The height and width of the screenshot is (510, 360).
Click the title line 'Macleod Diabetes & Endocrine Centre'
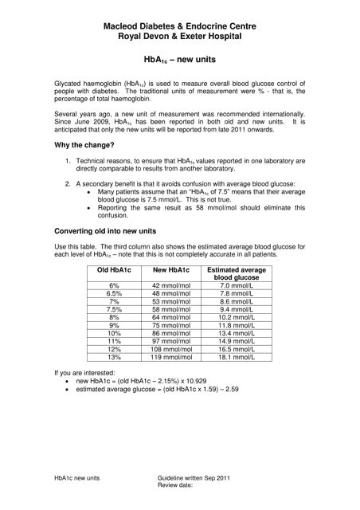point(179,26)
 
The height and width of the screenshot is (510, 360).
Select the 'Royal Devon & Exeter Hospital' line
point(179,37)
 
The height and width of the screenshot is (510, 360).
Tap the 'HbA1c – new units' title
point(179,59)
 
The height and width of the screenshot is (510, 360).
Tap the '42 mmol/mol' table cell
point(169,284)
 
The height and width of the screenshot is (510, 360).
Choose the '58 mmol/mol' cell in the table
point(169,309)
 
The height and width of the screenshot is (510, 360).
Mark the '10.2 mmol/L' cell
point(235,317)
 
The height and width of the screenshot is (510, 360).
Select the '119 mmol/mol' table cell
point(169,359)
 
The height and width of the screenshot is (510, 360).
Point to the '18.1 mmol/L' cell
point(235,359)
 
